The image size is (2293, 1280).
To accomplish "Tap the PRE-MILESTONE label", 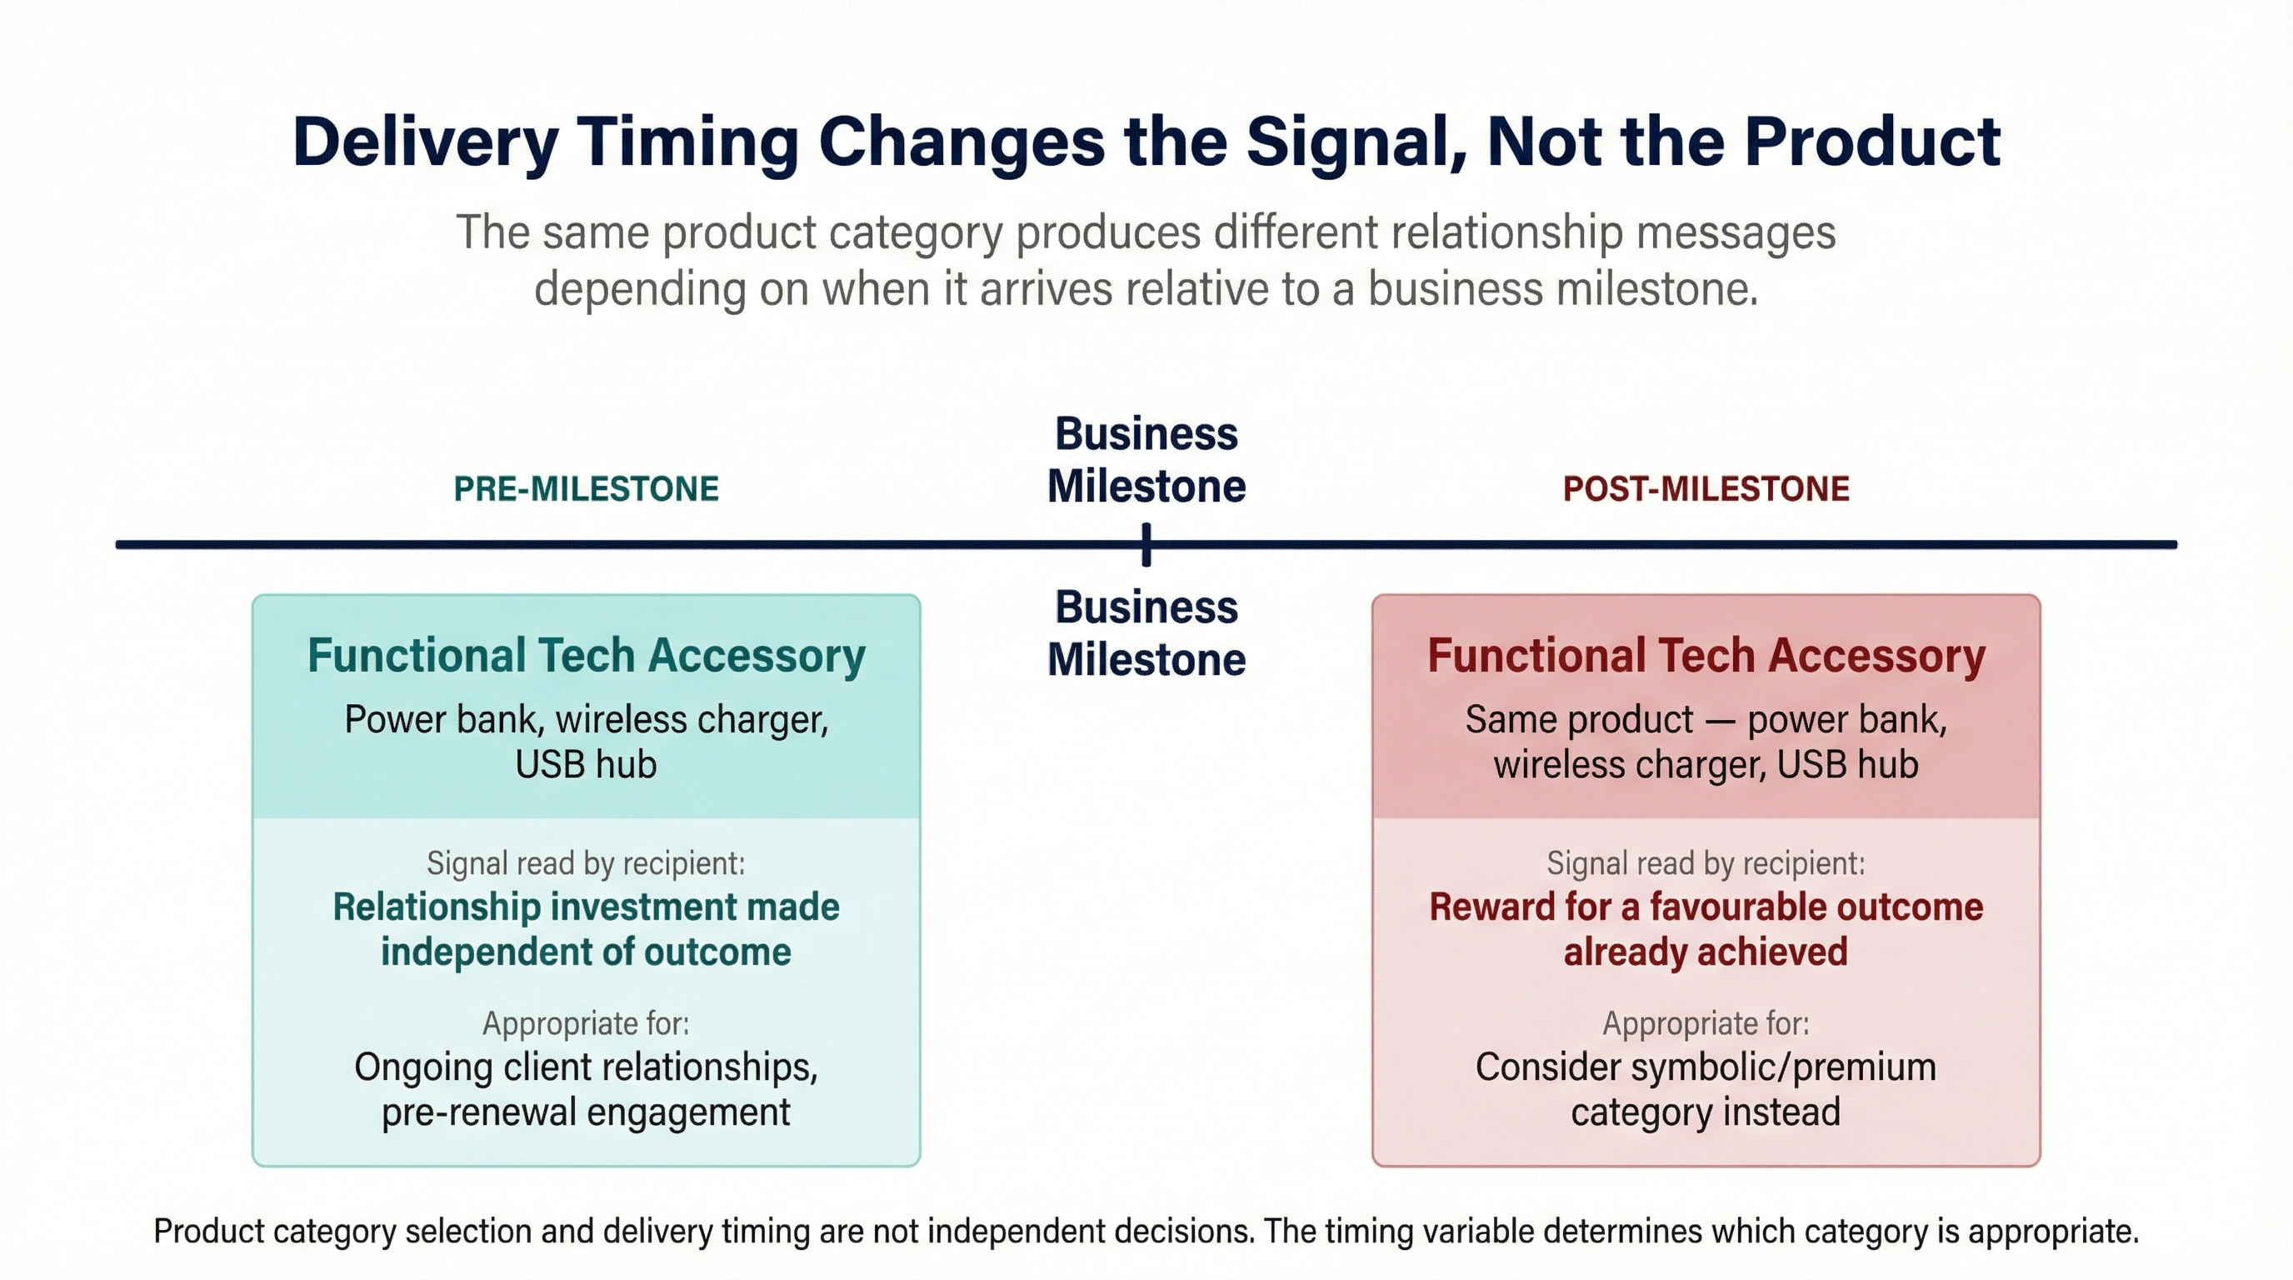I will (586, 488).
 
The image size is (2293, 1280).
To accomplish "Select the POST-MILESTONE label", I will (1706, 488).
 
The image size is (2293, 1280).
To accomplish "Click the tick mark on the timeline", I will (1146, 545).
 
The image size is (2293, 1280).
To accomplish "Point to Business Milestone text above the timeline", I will (1146, 460).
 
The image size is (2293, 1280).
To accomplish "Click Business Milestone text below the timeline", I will (1146, 632).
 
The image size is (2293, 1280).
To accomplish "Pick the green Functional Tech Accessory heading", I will (586, 656).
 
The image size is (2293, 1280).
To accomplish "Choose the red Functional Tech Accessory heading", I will (1706, 656).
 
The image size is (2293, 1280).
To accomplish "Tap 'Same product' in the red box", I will (1579, 719).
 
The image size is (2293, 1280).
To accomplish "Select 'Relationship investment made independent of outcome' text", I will (586, 928).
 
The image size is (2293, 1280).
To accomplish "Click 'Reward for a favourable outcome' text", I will (1706, 907).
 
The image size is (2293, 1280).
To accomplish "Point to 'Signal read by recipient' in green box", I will (586, 862).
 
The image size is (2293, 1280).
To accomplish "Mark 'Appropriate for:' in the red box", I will (1706, 1022).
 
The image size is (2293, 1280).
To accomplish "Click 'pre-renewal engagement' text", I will (586, 1112).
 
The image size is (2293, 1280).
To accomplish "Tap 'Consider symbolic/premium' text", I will (1706, 1067).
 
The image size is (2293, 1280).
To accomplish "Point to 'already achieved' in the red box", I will (1706, 952).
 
